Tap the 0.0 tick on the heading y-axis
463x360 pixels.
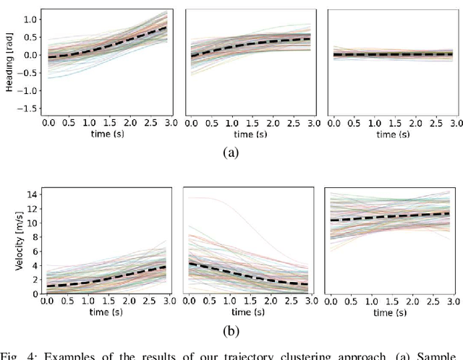click(x=30, y=55)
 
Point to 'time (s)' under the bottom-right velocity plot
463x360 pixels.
click(x=391, y=312)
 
